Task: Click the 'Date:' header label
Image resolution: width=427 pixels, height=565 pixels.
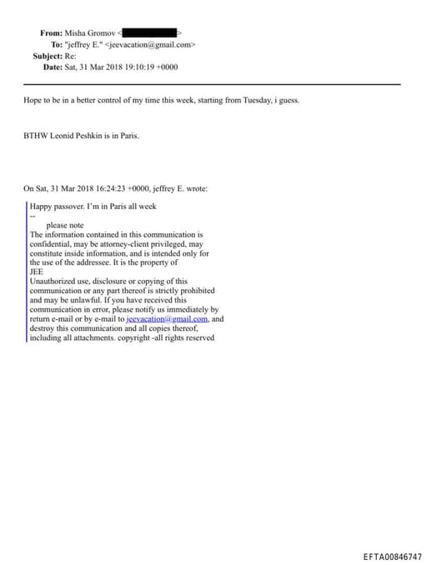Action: point(52,67)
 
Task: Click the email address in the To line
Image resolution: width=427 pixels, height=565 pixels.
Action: point(150,44)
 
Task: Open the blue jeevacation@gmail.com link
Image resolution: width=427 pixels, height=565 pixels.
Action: point(167,318)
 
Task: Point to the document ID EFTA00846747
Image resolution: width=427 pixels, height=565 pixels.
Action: point(392,556)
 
